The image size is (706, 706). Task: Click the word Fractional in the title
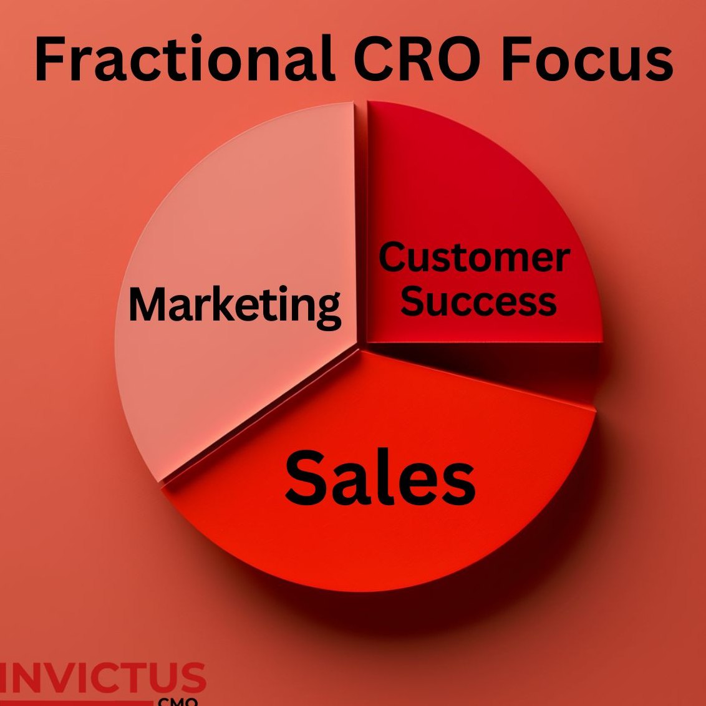click(185, 58)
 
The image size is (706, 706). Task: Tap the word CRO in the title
click(417, 58)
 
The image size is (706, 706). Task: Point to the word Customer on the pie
click(475, 257)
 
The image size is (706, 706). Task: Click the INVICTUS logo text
click(103, 678)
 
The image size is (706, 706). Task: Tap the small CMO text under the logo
click(177, 702)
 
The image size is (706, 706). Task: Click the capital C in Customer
click(394, 257)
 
